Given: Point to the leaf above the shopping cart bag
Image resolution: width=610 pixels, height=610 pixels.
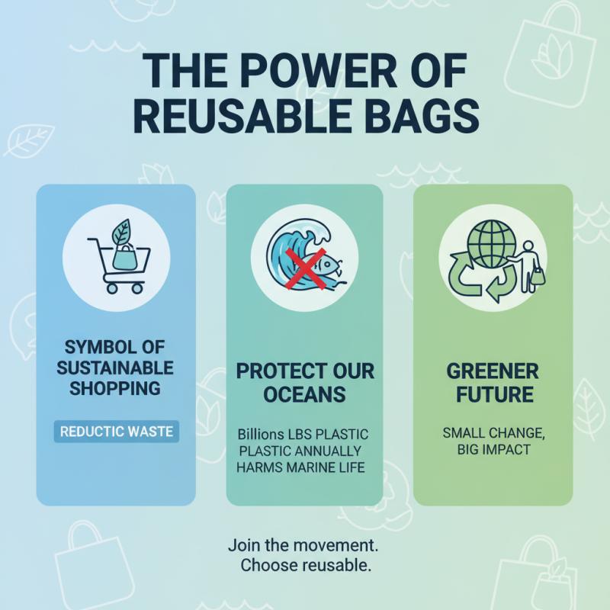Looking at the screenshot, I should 121,231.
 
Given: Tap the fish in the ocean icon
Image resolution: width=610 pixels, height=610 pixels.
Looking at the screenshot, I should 323,267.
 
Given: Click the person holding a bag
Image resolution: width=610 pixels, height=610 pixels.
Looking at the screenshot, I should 531,263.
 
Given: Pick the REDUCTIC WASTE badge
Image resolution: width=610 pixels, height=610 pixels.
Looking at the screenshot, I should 116,432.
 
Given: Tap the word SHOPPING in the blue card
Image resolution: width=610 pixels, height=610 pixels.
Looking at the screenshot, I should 116,388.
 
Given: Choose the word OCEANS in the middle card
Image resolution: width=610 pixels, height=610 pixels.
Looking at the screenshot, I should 305,395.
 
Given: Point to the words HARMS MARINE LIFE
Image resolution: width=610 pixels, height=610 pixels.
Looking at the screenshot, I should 305,467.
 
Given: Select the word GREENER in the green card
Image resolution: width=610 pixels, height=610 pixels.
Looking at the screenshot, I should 493,372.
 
